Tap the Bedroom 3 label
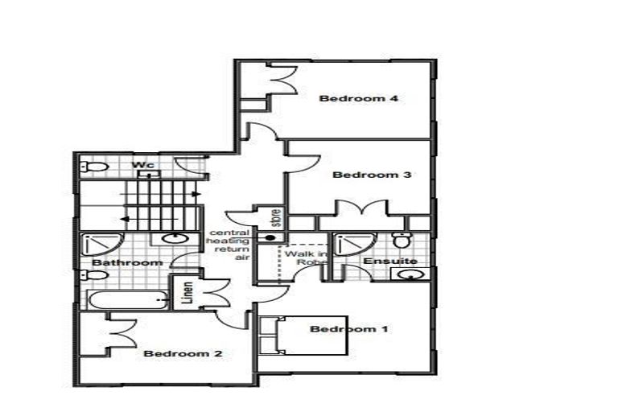[372, 175]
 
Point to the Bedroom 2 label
[183, 353]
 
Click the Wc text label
[143, 165]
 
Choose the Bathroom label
[127, 262]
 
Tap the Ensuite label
[389, 262]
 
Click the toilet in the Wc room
[94, 167]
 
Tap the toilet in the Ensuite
[402, 240]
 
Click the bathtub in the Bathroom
[129, 301]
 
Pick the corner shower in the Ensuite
[352, 245]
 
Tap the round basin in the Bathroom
[172, 238]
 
